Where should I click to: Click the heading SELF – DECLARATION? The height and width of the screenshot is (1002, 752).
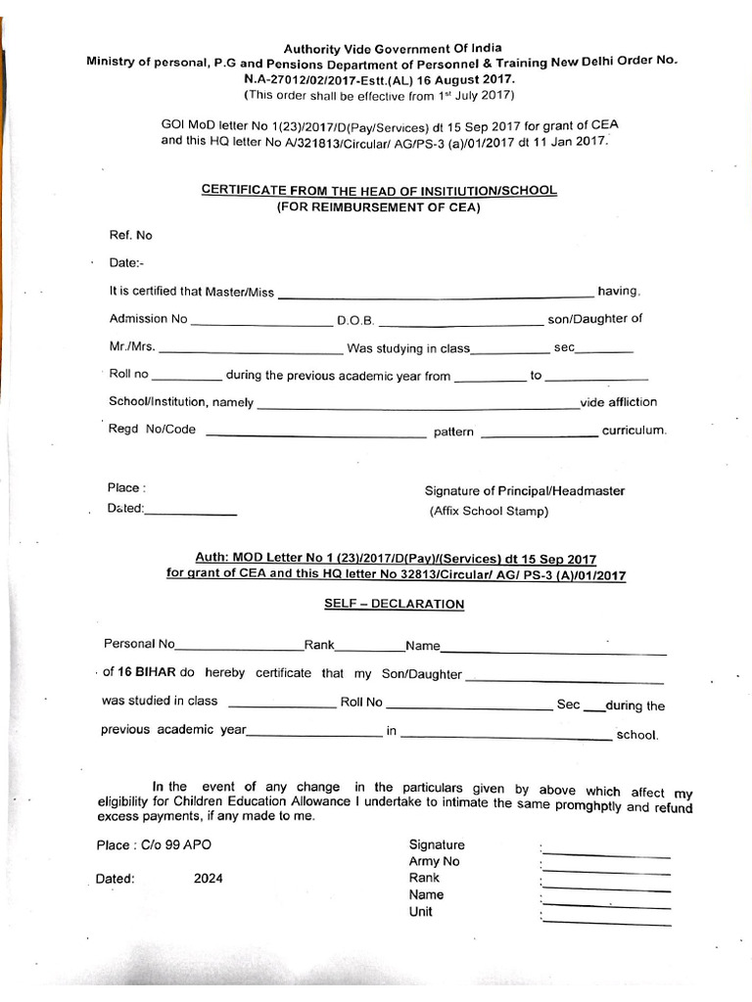(394, 604)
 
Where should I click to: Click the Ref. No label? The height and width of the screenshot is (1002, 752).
(130, 235)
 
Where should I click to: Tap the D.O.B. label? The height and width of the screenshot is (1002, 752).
(356, 320)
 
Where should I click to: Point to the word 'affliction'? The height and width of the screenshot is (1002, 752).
(634, 402)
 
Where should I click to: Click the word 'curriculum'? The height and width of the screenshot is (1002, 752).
(634, 431)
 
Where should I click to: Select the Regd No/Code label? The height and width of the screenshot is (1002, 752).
(153, 430)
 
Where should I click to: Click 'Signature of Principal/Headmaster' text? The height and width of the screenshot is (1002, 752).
(524, 491)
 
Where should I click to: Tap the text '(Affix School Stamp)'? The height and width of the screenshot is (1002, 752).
(489, 511)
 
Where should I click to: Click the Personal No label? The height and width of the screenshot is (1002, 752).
(139, 644)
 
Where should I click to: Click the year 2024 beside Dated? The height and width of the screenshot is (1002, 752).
(208, 878)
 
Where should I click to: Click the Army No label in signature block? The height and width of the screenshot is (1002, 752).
(434, 861)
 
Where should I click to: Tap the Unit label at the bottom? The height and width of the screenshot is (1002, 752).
(421, 911)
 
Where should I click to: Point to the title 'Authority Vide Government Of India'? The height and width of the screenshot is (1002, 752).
(379, 48)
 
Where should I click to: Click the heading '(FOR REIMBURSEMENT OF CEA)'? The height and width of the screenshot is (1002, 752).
(379, 205)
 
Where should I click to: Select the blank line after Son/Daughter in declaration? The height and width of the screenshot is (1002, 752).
(565, 679)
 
